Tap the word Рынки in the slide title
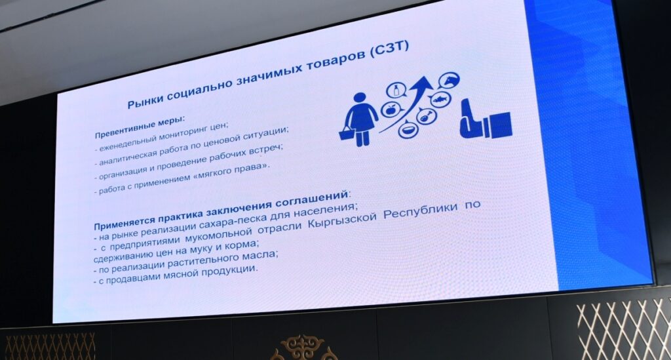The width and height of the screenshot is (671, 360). click(x=145, y=101)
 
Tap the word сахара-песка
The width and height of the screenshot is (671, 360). click(x=233, y=221)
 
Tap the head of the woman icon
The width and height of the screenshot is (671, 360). click(x=356, y=98)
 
